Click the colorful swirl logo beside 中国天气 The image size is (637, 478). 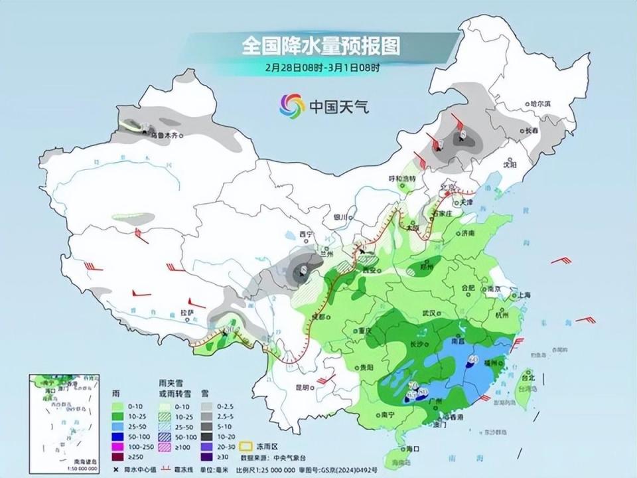pyautogui.click(x=290, y=104)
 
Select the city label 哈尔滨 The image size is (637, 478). pyautogui.click(x=541, y=104)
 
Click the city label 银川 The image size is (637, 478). pyautogui.click(x=340, y=216)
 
